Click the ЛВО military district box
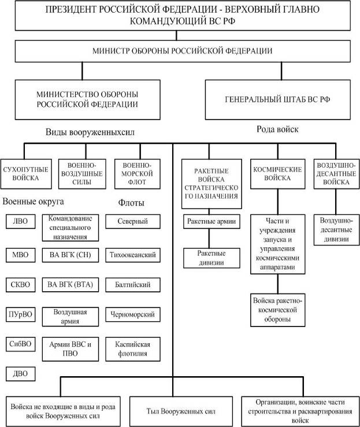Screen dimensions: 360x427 (21, 221)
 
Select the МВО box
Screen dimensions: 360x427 (21, 255)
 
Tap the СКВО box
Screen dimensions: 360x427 (21, 285)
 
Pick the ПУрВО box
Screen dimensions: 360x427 (21, 314)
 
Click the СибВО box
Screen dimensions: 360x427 (21, 344)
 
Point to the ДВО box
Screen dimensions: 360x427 (21, 374)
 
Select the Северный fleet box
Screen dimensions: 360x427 (133, 221)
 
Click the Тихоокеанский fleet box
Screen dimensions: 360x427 (133, 255)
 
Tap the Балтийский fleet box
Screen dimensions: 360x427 (133, 285)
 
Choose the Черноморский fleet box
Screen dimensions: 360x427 (133, 314)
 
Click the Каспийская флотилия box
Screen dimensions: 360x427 (133, 349)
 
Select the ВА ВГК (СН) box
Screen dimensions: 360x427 (70, 255)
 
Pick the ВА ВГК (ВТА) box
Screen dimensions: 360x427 (70, 285)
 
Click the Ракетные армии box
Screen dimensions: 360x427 (211, 221)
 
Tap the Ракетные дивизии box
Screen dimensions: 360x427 (211, 258)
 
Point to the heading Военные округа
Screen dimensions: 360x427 (33, 202)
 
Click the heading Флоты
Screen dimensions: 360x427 (131, 203)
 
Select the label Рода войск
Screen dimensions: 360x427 (277, 129)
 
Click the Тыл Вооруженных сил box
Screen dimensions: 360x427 (181, 411)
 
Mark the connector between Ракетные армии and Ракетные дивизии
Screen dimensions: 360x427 (209, 238)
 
